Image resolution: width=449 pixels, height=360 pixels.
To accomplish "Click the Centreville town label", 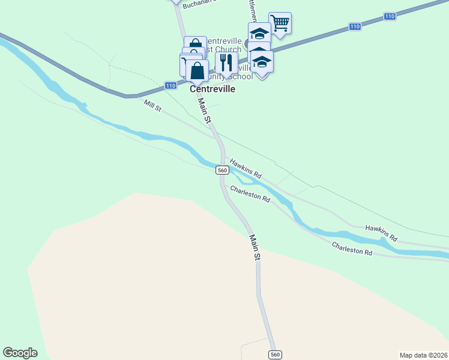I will (212, 89).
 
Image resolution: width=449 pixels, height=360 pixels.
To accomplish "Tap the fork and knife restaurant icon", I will (226, 62).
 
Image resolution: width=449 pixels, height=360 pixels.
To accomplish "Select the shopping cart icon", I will (280, 23).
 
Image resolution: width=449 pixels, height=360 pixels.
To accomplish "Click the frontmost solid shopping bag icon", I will (197, 71).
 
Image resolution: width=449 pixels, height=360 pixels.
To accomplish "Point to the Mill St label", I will (153, 106).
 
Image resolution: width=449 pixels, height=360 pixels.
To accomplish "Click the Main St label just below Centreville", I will (205, 112).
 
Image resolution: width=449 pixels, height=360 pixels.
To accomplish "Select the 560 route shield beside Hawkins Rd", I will (222, 170).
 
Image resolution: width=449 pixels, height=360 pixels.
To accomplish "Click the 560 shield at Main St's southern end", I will (275, 355).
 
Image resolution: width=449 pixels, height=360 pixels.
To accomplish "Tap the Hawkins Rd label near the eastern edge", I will (381, 233).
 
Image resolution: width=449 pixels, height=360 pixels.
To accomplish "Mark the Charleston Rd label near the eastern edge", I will (352, 248).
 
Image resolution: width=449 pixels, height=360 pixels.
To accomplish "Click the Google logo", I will (20, 353).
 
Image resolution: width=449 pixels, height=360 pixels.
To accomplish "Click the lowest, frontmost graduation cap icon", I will (262, 61).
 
